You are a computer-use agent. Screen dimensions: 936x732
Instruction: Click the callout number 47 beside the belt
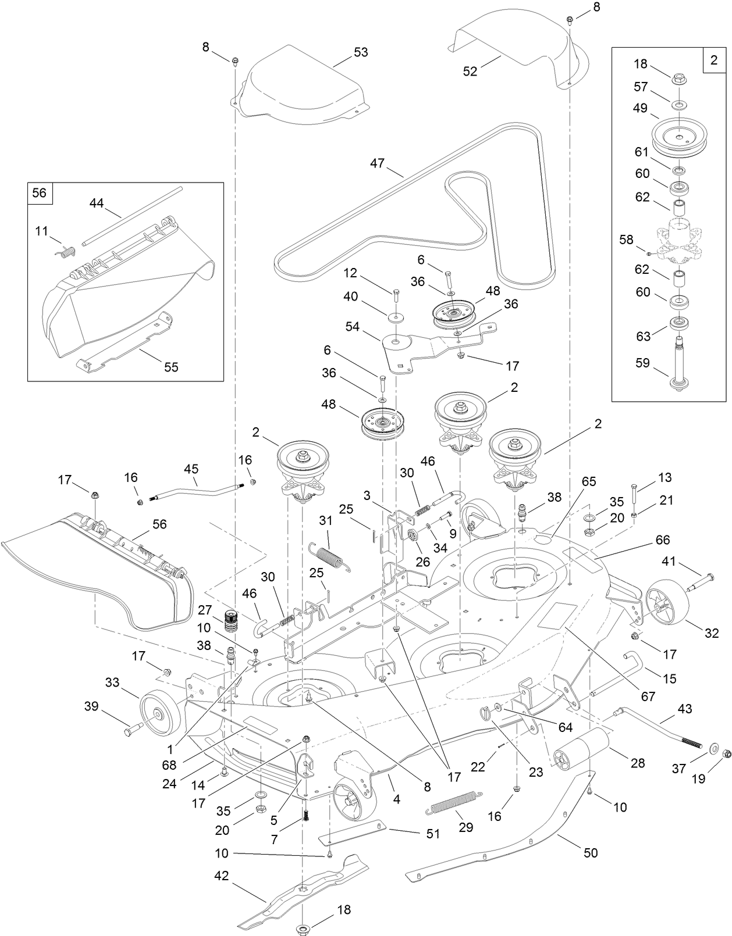(x=377, y=163)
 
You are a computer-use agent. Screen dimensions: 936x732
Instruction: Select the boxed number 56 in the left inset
(x=39, y=192)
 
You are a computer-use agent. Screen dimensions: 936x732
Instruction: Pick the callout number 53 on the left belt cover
(x=361, y=52)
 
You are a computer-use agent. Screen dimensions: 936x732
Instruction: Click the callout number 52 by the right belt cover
(x=470, y=71)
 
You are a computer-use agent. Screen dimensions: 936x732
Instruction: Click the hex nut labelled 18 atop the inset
(x=678, y=77)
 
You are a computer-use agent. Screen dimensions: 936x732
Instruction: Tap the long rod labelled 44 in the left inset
(x=131, y=216)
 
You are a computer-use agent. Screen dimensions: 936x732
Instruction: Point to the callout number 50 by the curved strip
(x=591, y=852)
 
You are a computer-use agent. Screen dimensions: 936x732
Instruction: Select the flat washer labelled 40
(x=396, y=317)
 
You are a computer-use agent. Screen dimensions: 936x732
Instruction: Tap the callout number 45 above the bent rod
(x=191, y=468)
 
